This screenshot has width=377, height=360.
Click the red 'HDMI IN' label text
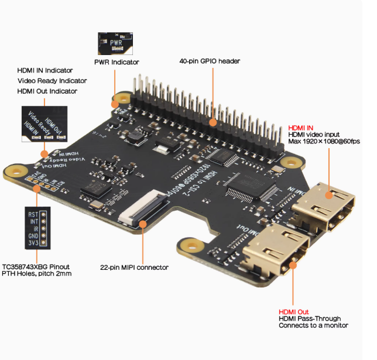pos(301,128)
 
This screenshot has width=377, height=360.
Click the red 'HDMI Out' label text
pos(293,312)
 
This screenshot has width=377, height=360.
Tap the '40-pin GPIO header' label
pos(210,61)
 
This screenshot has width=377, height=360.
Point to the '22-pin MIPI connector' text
pos(143,268)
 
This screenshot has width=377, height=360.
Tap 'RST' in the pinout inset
pos(33,215)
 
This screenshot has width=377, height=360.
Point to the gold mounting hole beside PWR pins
pos(123,98)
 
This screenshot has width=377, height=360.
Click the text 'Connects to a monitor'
pos(313,325)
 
